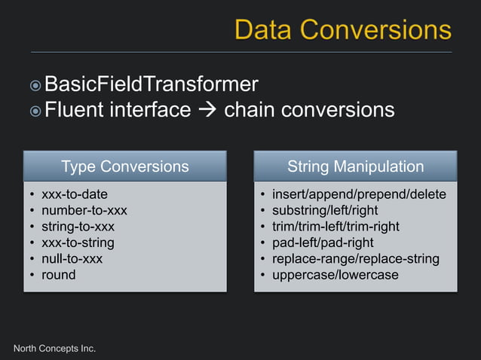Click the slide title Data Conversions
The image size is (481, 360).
(342, 29)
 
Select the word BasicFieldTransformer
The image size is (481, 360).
(151, 84)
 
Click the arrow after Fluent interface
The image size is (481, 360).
(207, 111)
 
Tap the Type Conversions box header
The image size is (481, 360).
(124, 166)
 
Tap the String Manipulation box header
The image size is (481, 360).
(355, 166)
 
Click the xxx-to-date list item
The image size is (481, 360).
(74, 194)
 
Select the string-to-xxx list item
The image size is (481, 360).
(78, 226)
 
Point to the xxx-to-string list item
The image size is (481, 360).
(78, 243)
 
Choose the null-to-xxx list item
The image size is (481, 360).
(72, 258)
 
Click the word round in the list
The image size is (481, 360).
(59, 275)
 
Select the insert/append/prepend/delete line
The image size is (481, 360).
(359, 194)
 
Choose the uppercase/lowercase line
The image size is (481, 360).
(335, 275)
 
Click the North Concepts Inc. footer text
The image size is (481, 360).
(55, 348)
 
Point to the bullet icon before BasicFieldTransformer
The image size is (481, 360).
(35, 85)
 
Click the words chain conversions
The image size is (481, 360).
(309, 110)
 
